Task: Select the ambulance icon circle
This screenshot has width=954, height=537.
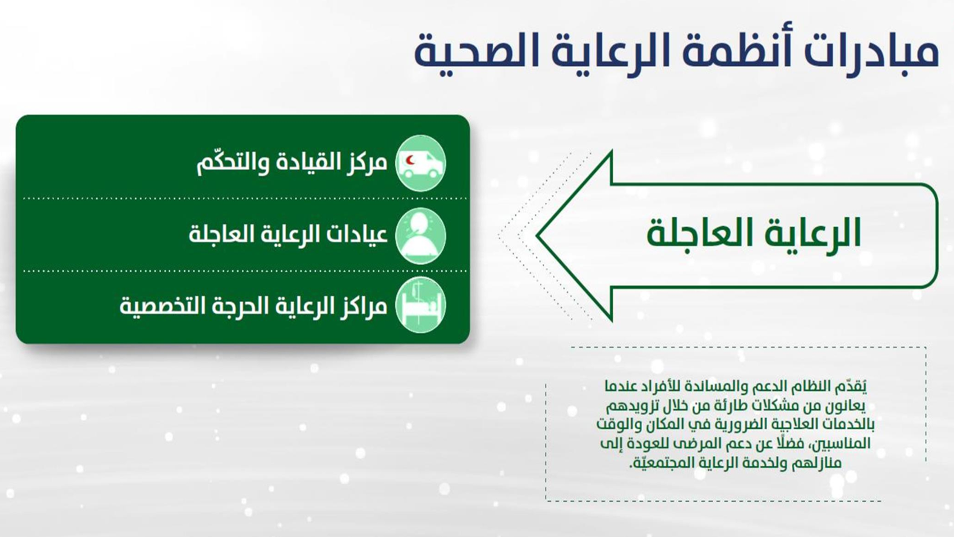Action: pos(421,163)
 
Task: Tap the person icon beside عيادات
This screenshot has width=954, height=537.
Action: pos(421,236)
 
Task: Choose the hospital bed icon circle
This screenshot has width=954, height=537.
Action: pos(421,305)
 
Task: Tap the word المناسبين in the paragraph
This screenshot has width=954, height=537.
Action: pos(840,443)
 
